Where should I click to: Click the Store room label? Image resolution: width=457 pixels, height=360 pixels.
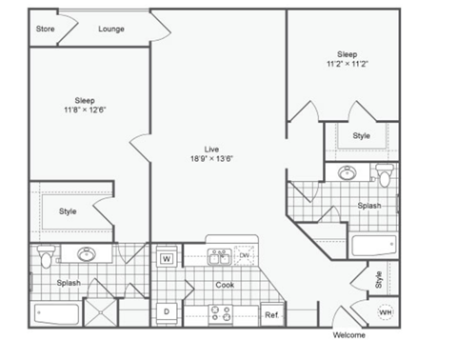45,30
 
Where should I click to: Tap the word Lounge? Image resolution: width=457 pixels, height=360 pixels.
112,30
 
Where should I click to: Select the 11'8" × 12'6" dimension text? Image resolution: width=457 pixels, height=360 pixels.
84,110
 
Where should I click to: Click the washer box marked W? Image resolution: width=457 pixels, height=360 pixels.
166,258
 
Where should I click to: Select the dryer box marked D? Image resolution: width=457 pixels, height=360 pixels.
166,311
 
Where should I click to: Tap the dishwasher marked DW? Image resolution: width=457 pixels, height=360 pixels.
245,255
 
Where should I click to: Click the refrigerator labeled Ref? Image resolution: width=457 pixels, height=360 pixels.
271,314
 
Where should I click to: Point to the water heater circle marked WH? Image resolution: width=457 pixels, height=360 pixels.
386,311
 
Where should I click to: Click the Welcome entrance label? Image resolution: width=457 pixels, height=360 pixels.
348,335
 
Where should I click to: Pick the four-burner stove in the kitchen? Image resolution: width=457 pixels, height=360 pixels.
221,312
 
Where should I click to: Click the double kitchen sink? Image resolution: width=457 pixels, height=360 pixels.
218,255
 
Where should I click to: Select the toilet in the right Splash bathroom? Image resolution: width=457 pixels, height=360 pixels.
384,175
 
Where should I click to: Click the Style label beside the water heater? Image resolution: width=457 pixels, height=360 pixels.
379,280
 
